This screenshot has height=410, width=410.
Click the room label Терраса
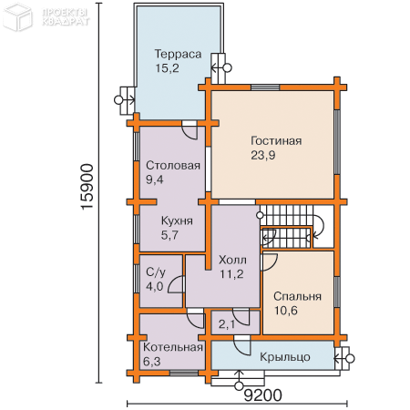point(179,54)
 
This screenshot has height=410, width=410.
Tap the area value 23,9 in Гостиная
point(263,155)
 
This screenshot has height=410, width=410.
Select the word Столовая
point(173,166)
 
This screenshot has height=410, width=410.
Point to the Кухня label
point(177,220)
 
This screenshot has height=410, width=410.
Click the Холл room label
point(232,260)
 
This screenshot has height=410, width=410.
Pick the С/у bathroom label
point(156,272)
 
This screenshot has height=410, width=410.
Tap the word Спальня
point(297,296)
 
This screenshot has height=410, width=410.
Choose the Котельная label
point(173,347)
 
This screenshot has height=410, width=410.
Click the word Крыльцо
point(285,357)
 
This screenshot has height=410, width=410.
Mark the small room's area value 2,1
point(227,324)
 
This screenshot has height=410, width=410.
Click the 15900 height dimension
point(87,187)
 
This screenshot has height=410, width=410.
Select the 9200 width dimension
point(263,395)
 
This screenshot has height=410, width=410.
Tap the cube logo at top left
point(17,16)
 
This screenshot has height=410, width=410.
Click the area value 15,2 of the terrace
point(168,68)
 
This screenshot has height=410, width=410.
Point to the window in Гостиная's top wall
point(265,87)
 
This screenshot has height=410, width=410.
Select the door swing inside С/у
point(175,284)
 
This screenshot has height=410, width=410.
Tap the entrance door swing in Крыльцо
point(243,346)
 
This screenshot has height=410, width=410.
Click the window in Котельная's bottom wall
point(184,373)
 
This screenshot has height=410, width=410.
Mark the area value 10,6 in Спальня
point(286,311)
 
